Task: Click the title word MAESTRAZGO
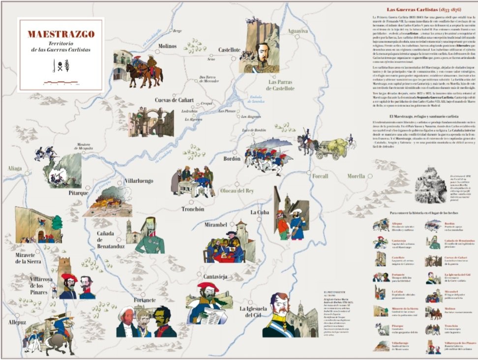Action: (61, 35)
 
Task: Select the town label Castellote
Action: (230, 50)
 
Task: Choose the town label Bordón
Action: (232, 159)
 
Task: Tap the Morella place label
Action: (356, 176)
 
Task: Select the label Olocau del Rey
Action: (237, 190)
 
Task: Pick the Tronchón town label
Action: (193, 209)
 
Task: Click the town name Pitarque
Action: (78, 193)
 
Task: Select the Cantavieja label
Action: (212, 277)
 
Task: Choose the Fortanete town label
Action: (145, 300)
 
